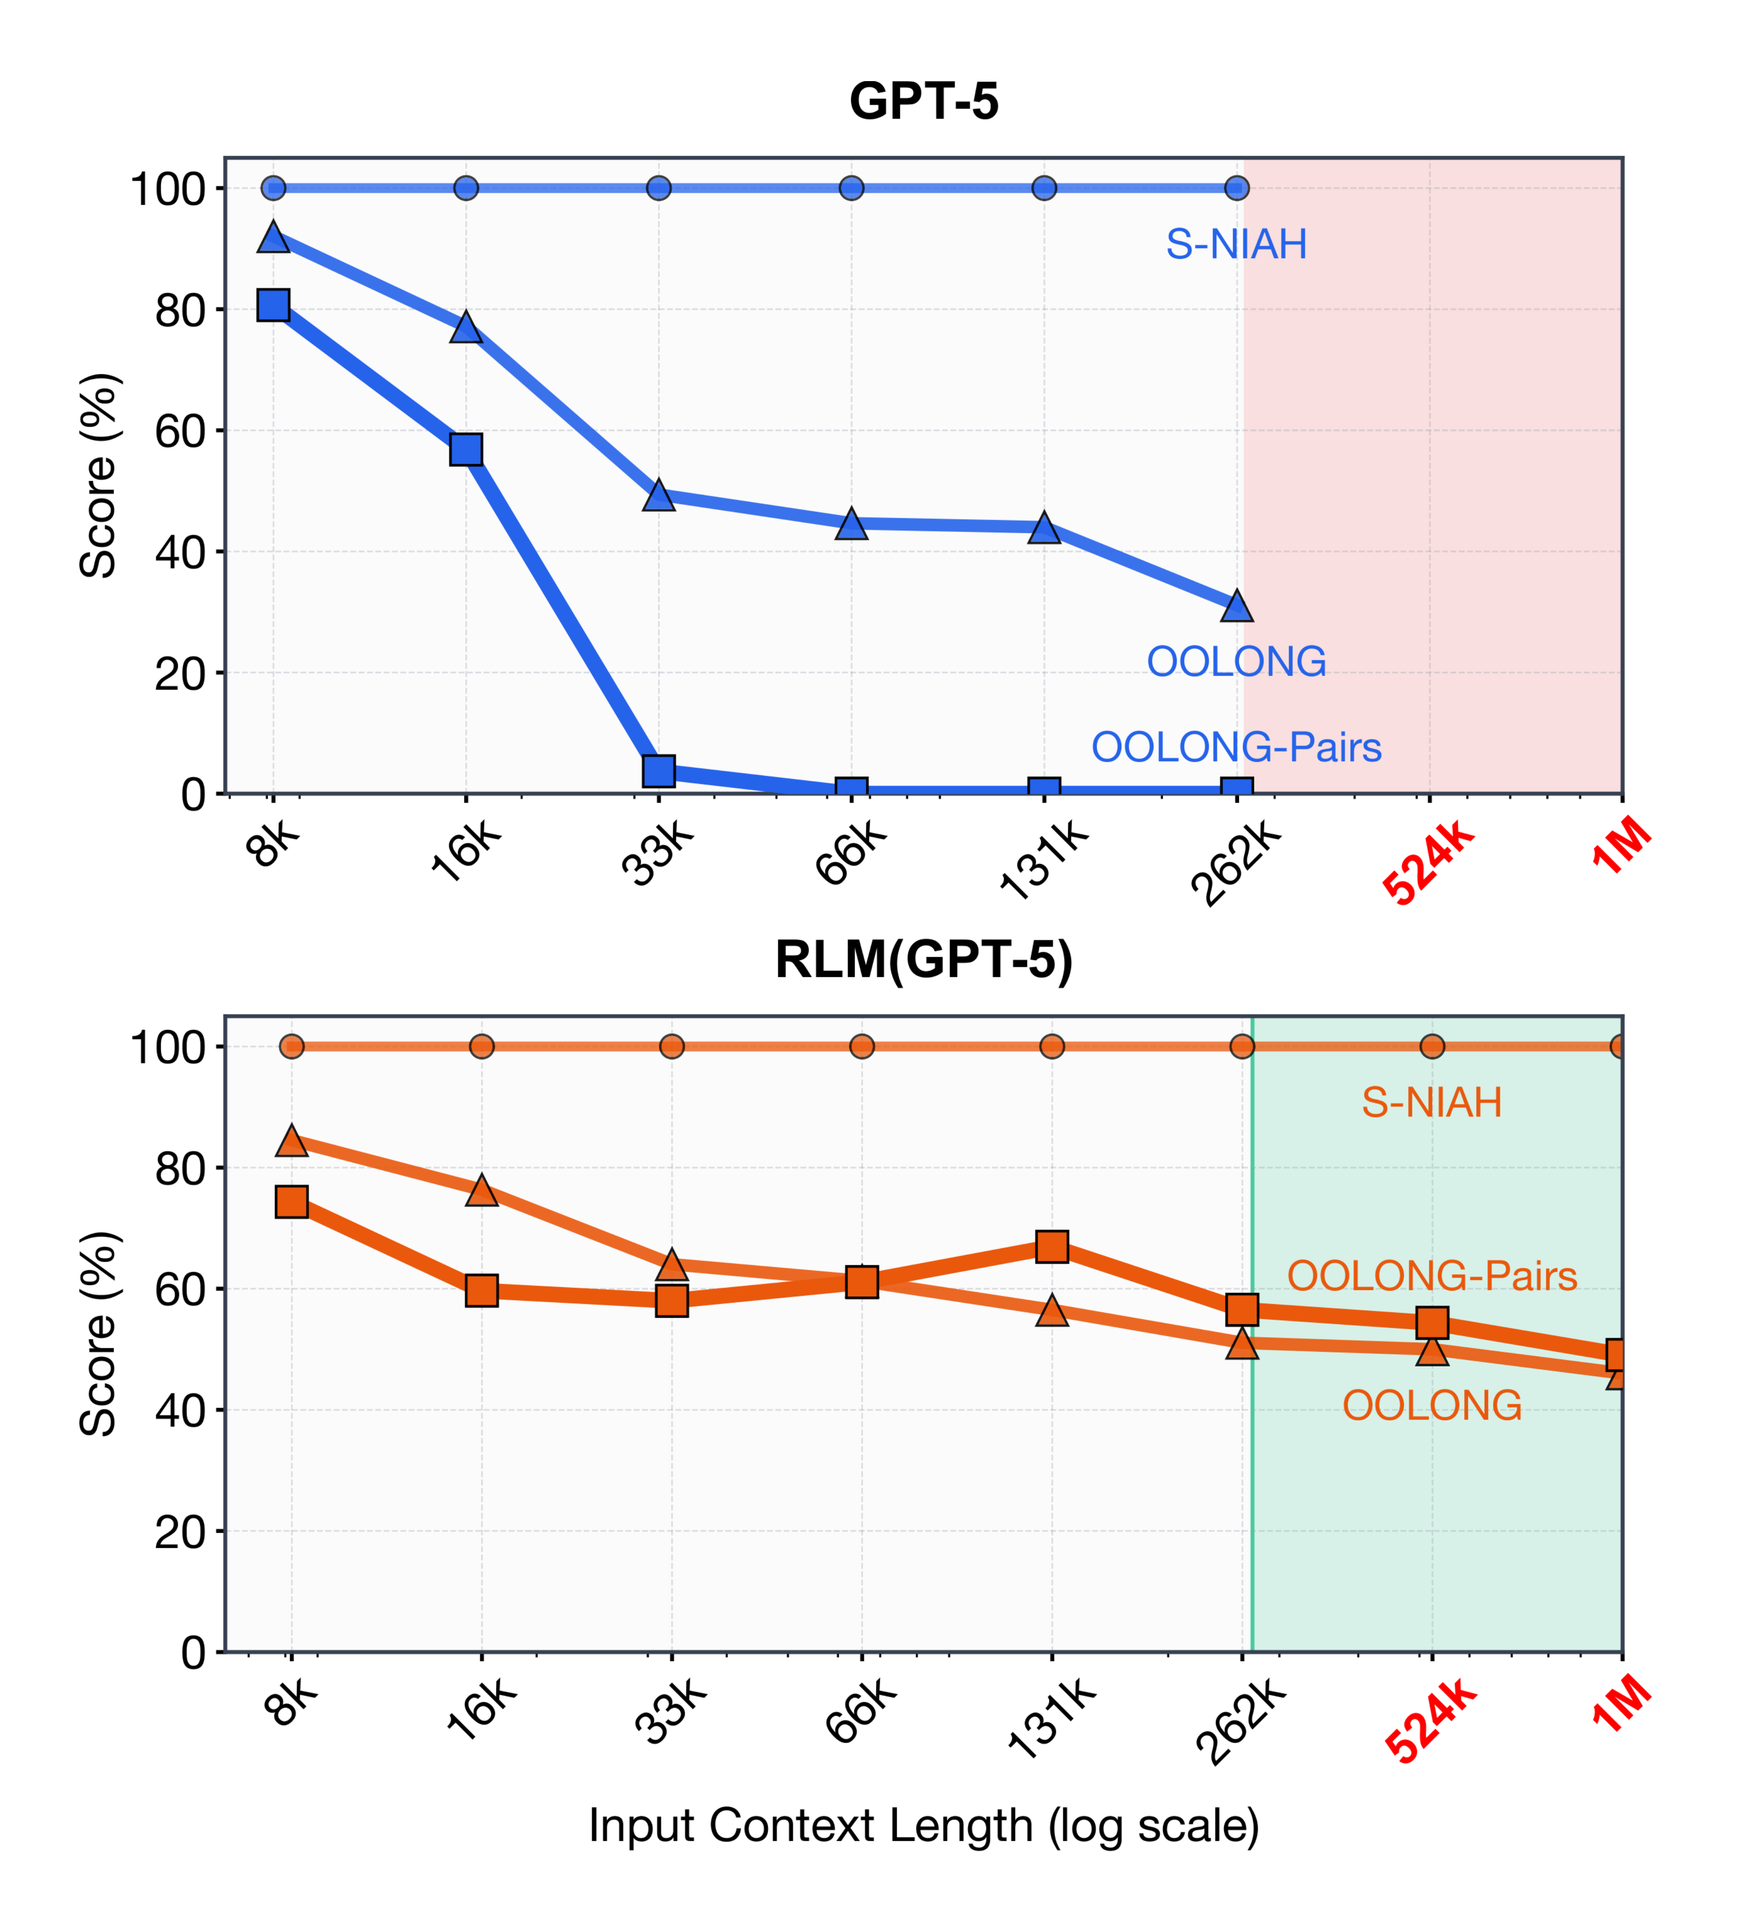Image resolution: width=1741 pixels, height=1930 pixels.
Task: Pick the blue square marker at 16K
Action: tap(466, 450)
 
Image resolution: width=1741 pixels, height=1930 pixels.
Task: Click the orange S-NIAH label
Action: tap(1431, 1103)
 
